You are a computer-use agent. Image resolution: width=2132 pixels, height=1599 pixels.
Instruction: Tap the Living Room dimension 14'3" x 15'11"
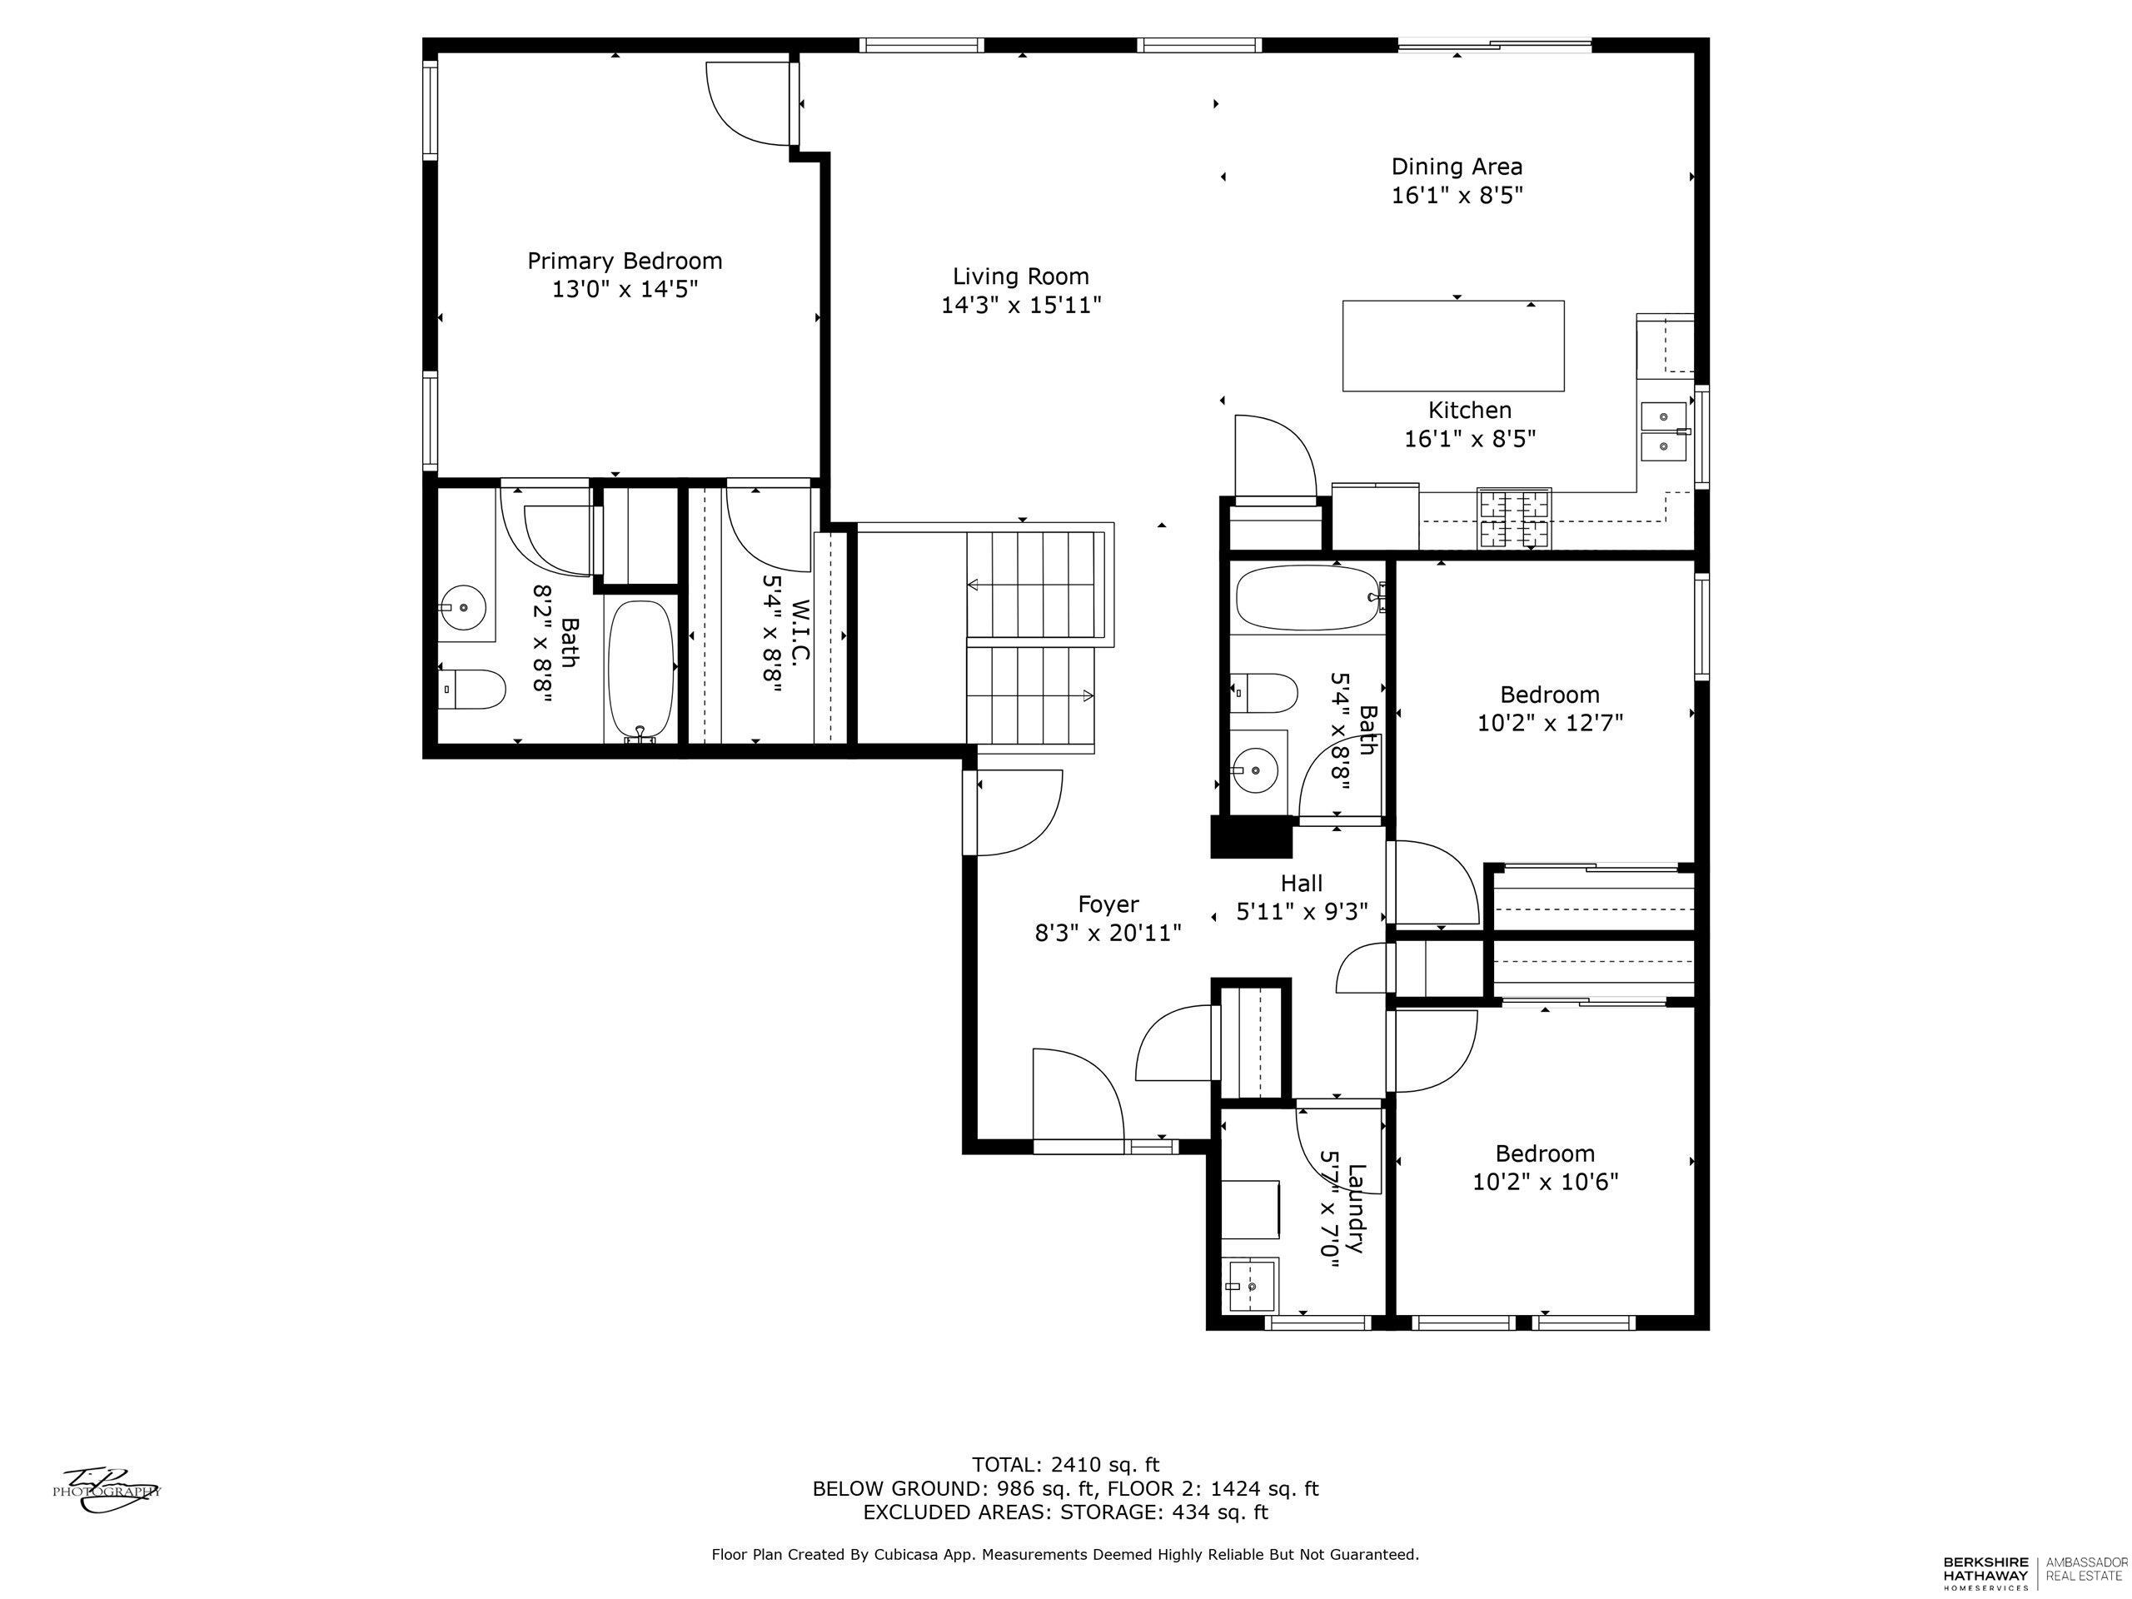(1021, 306)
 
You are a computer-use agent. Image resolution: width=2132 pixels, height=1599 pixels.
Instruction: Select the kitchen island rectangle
(1452, 346)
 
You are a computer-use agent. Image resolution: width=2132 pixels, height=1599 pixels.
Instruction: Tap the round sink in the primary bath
(465, 607)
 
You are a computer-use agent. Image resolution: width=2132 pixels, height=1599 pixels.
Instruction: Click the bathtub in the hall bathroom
(1307, 598)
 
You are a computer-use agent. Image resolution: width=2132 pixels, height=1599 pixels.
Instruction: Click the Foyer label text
(1108, 904)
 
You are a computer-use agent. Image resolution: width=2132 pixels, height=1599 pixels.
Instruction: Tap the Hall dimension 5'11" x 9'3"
(1301, 912)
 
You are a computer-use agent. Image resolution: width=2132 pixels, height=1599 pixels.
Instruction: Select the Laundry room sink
(1250, 1286)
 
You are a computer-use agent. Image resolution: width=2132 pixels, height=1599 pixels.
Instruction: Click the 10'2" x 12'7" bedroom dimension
(1550, 723)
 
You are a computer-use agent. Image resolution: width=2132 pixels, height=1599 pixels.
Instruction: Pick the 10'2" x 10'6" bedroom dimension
(1545, 1182)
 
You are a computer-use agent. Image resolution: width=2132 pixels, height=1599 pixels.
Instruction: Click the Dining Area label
(1457, 166)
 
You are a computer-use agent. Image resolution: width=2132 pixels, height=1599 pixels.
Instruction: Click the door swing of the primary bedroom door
(748, 107)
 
